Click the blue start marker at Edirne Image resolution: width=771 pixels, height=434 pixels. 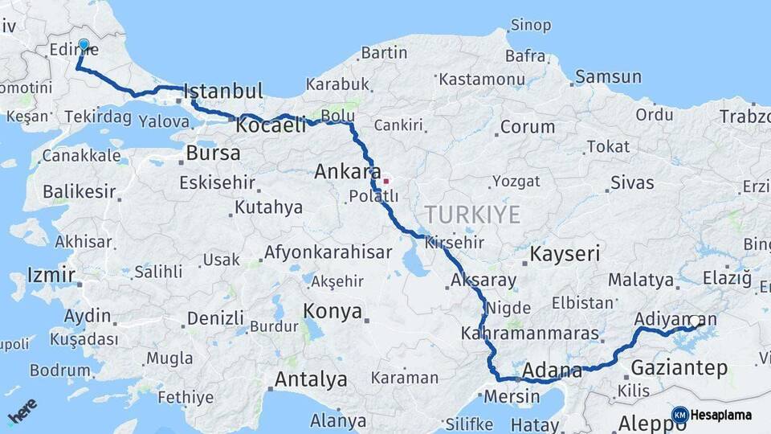pyautogui.click(x=84, y=45)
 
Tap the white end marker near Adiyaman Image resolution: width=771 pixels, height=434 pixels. pyautogui.click(x=695, y=321)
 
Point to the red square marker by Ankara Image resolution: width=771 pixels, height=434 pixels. pyautogui.click(x=385, y=181)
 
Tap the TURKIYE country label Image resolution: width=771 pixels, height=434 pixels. pyautogui.click(x=472, y=215)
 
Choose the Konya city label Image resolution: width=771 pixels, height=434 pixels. pyautogui.click(x=332, y=311)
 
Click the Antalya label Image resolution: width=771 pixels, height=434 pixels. pyautogui.click(x=311, y=379)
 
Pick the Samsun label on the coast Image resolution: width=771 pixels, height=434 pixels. pyautogui.click(x=608, y=77)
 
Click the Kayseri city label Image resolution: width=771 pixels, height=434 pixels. pyautogui.click(x=565, y=255)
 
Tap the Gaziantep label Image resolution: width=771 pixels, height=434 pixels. pyautogui.click(x=679, y=368)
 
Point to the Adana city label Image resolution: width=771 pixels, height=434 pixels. pyautogui.click(x=552, y=371)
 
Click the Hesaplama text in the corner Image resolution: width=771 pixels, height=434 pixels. pyautogui.click(x=721, y=416)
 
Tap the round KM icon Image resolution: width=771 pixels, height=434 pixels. pyautogui.click(x=680, y=416)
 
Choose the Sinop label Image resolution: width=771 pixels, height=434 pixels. pyautogui.click(x=531, y=26)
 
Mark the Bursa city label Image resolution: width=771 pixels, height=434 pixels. pyautogui.click(x=213, y=153)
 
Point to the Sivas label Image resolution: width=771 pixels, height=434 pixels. pyautogui.click(x=632, y=182)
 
